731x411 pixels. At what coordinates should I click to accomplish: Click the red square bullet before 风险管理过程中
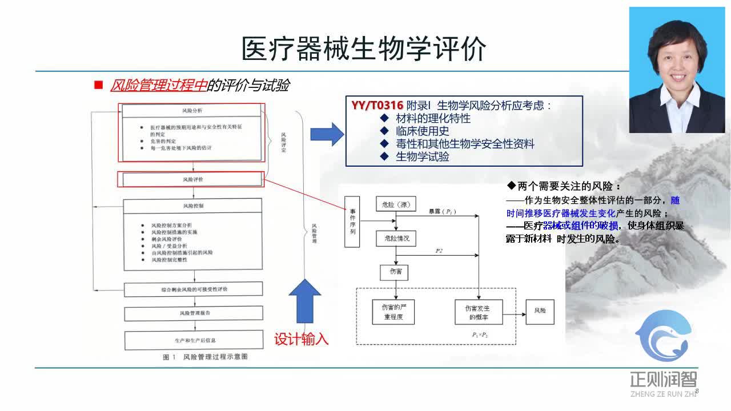click(x=98, y=85)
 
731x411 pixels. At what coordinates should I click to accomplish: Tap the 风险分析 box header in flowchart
click(x=192, y=110)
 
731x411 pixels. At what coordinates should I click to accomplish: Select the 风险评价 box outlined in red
click(x=192, y=179)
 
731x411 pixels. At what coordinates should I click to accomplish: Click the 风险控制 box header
click(x=192, y=205)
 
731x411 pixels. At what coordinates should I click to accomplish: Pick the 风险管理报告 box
click(x=194, y=313)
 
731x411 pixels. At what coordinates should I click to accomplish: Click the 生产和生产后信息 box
click(x=194, y=340)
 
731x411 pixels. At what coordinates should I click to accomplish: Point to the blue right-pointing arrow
click(x=327, y=134)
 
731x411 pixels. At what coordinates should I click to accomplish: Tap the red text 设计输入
click(x=301, y=339)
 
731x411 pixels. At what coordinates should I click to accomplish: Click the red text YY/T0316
click(x=377, y=106)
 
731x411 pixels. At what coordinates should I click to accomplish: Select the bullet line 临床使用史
click(x=422, y=131)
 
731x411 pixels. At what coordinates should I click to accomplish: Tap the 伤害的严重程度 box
click(x=393, y=312)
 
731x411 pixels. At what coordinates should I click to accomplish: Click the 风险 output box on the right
click(x=540, y=311)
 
